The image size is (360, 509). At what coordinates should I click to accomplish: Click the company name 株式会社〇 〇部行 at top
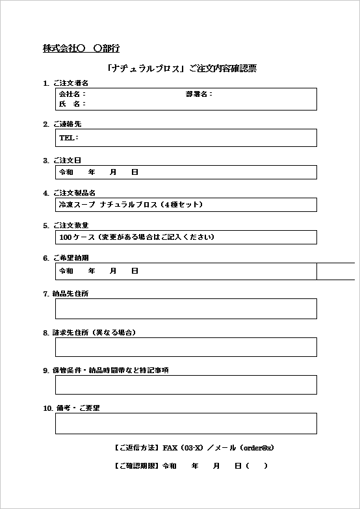click(81, 48)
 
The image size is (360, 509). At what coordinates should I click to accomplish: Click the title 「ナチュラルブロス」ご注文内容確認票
click(183, 68)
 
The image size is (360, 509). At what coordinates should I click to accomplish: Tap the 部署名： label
click(199, 94)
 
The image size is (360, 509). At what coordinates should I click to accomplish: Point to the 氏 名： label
click(71, 104)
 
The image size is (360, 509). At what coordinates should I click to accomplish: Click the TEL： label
click(68, 138)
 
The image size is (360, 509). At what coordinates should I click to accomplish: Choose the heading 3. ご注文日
click(62, 160)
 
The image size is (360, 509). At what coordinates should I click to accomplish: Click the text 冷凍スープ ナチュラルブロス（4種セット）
click(131, 204)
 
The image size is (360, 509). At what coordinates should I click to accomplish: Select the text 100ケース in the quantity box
click(77, 237)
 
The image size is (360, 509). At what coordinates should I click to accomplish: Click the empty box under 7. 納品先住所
click(186, 309)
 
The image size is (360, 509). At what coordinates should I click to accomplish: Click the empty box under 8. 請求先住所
click(186, 347)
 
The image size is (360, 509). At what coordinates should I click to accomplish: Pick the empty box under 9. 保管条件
click(186, 385)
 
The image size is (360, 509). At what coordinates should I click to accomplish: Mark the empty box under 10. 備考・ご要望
click(186, 423)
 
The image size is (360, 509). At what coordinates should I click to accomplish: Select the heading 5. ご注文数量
click(66, 226)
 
